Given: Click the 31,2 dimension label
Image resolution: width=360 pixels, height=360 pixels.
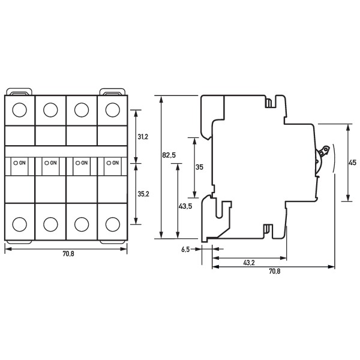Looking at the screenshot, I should tap(143, 137).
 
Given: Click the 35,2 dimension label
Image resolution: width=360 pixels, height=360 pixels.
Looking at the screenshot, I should tap(143, 194).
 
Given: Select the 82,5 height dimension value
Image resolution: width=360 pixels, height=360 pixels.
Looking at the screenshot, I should tap(169, 155).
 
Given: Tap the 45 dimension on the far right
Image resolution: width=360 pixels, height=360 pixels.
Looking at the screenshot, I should tap(352, 162).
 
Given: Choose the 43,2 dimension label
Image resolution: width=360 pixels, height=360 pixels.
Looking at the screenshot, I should tap(250, 263).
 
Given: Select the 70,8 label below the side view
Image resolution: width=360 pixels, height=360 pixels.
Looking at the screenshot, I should tap(274, 272).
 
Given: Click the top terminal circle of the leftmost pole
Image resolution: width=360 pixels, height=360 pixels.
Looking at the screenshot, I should tap(20, 110).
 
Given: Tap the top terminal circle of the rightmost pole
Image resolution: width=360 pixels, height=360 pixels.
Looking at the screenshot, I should tap(112, 110).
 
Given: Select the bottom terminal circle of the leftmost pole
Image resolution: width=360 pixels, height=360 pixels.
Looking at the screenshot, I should tap(20, 224).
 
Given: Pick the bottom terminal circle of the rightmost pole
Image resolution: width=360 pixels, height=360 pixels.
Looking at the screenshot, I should tap(112, 224).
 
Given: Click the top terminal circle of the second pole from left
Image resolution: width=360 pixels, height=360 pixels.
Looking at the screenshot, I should tap(51, 110).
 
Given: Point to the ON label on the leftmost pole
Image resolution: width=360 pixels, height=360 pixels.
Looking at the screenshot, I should tap(22, 163).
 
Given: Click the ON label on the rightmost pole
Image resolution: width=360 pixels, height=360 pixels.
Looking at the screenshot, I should tap(115, 163).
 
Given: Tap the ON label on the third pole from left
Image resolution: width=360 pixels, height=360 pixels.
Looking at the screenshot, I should tap(84, 163).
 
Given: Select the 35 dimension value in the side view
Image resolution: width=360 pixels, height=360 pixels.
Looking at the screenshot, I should tap(200, 167).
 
